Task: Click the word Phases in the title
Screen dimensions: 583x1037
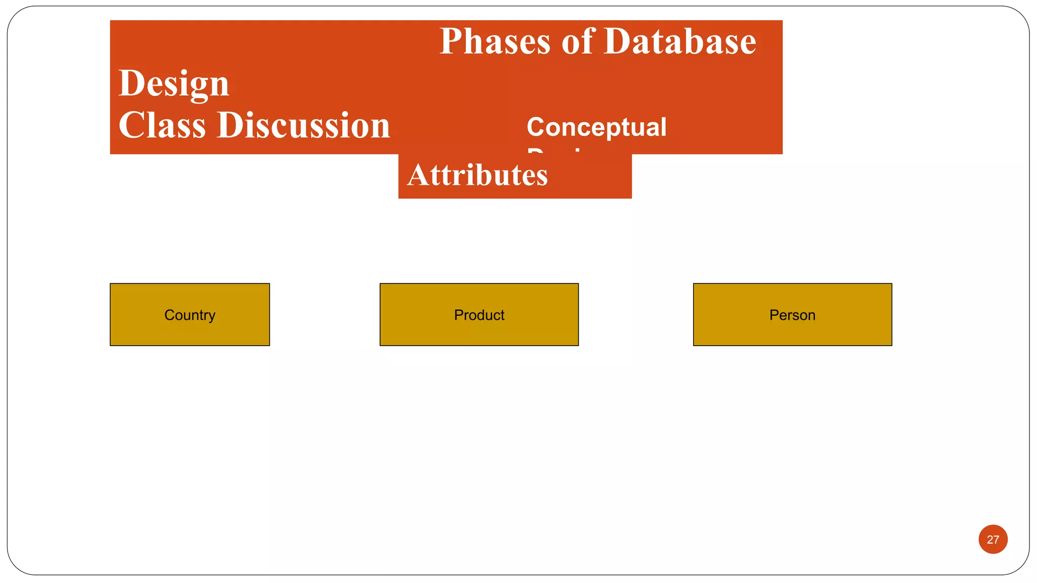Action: point(494,41)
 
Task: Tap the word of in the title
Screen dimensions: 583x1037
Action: point(577,41)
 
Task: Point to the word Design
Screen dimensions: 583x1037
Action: point(174,84)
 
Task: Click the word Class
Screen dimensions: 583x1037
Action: point(162,126)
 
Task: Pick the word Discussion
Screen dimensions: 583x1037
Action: point(303,126)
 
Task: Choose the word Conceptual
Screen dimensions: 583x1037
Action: point(596,127)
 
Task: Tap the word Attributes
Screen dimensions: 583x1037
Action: point(477,175)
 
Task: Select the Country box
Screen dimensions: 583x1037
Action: point(190,315)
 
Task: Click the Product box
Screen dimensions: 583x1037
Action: point(479,315)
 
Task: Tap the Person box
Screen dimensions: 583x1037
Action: point(792,315)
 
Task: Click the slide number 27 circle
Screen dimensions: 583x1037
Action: point(992,539)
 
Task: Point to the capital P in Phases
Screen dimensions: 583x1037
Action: point(451,41)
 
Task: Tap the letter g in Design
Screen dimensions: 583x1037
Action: point(198,87)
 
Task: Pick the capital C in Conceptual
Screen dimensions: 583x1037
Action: point(536,127)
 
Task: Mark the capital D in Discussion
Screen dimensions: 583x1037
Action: point(229,126)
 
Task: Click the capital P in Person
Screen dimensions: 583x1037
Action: point(774,315)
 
